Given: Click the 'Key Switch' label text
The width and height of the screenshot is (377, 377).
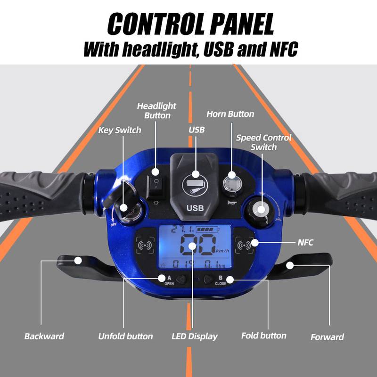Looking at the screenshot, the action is pyautogui.click(x=120, y=130).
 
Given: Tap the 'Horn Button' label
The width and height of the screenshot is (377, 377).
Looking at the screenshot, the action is pyautogui.click(x=230, y=114).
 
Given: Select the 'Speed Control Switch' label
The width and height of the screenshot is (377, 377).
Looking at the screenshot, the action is pyautogui.click(x=263, y=142).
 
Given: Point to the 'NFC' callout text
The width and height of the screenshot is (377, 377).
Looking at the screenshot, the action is pyautogui.click(x=305, y=242).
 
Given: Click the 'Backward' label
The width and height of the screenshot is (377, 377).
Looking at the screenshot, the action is pyautogui.click(x=44, y=336).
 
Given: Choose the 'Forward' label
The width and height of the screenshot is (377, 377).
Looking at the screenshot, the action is pyautogui.click(x=327, y=337).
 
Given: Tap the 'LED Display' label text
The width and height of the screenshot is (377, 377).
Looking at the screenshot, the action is pyautogui.click(x=195, y=336).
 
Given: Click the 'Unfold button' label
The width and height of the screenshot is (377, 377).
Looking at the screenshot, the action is pyautogui.click(x=125, y=336).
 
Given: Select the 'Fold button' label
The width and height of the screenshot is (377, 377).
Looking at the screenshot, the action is pyautogui.click(x=264, y=336).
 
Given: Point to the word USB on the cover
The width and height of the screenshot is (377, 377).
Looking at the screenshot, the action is pyautogui.click(x=195, y=208).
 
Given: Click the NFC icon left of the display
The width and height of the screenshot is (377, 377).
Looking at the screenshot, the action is pyautogui.click(x=145, y=245).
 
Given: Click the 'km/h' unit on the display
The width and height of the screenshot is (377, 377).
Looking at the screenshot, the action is pyautogui.click(x=222, y=251).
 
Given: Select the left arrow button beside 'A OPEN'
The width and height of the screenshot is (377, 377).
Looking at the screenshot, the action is pyautogui.click(x=181, y=279).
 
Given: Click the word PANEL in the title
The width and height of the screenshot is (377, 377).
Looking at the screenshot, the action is pyautogui.click(x=242, y=24).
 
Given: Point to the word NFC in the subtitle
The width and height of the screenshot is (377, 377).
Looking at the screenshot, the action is pyautogui.click(x=284, y=49).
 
